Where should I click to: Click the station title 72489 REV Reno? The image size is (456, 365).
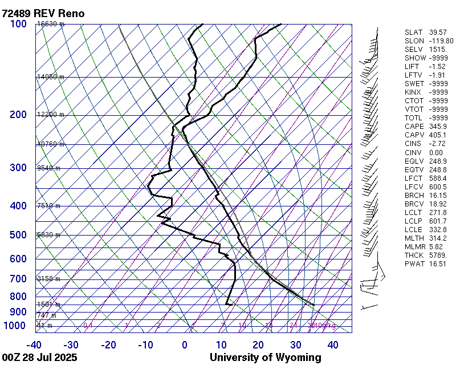tap(43, 13)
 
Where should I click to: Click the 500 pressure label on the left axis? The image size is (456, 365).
tap(18, 235)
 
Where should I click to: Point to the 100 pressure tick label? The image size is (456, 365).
tap(18, 24)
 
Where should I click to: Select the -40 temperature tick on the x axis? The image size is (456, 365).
tap(34, 345)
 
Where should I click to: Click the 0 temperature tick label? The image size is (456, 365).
tap(185, 345)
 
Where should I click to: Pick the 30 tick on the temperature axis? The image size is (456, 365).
tap(295, 345)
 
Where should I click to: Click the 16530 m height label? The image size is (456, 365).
tap(51, 24)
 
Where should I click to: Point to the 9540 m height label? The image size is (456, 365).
tap(48, 168)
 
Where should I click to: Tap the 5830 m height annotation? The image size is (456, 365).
tap(48, 234)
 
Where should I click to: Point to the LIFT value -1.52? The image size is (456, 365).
tap(437, 67)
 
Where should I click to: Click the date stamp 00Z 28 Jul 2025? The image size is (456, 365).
tap(40, 358)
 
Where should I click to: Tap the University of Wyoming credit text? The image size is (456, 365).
tap(265, 358)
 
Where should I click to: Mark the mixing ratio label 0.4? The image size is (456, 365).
tap(88, 326)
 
